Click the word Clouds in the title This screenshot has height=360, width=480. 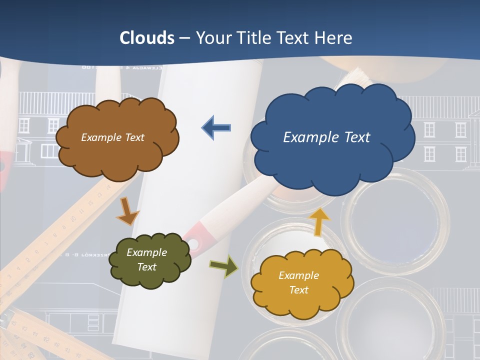(x=147, y=38)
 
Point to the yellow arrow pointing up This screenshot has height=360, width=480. (x=319, y=221)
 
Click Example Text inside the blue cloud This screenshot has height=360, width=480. (x=326, y=137)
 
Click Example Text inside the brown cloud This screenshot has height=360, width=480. (x=112, y=137)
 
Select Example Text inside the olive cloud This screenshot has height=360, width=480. (x=146, y=259)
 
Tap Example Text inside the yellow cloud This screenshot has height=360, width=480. (x=298, y=282)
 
